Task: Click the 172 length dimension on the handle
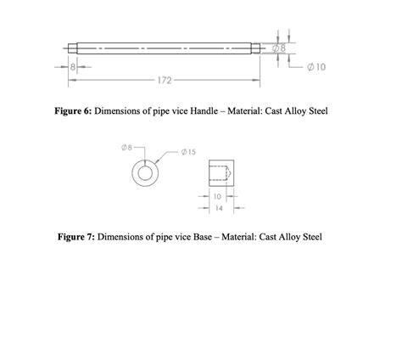click(165, 80)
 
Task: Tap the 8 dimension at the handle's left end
click(74, 65)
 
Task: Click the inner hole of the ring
click(146, 173)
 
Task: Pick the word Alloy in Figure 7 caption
click(294, 237)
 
